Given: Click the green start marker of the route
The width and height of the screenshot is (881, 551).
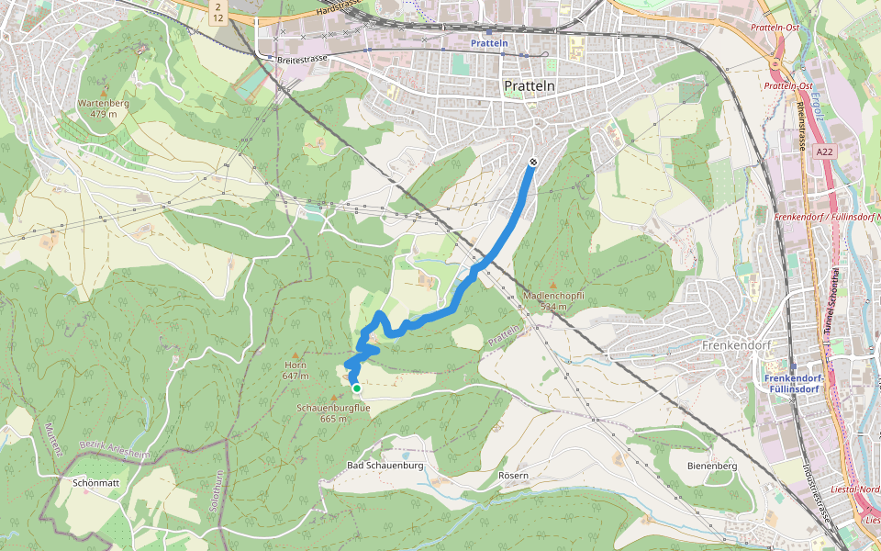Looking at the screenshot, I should pyautogui.click(x=357, y=388).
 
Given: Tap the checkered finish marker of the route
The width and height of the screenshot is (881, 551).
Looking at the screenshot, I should pyautogui.click(x=533, y=163).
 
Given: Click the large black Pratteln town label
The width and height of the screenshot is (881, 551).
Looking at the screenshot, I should pyautogui.click(x=530, y=85).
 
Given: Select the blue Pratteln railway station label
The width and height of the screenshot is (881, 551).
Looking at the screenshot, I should pyautogui.click(x=488, y=43).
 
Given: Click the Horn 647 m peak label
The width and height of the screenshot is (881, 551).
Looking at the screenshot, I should pyautogui.click(x=295, y=370).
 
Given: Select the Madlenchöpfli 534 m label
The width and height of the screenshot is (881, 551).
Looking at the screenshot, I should pyautogui.click(x=553, y=300).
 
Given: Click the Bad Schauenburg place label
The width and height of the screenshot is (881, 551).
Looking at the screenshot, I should pyautogui.click(x=385, y=466).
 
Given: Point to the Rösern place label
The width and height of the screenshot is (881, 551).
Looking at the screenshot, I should pyautogui.click(x=513, y=475).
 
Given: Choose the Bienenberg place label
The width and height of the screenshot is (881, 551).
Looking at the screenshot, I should pyautogui.click(x=712, y=466).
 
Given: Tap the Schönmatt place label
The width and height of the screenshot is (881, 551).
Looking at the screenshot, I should pyautogui.click(x=95, y=481).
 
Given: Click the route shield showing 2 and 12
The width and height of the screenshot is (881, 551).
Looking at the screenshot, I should pyautogui.click(x=217, y=12).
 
